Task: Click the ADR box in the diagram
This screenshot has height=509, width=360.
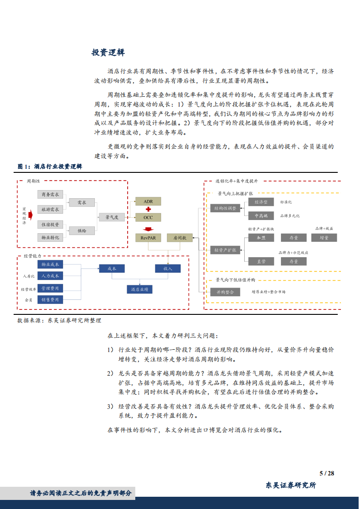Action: tap(148, 201)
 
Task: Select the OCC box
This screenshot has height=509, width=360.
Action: tap(148, 217)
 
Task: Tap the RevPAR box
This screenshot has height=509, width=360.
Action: tap(148, 237)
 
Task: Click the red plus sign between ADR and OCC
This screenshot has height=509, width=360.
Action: tap(148, 209)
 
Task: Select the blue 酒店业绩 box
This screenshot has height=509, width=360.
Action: tap(139, 289)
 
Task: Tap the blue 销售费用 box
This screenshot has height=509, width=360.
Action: tap(50, 299)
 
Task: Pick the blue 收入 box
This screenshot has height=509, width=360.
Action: tap(168, 269)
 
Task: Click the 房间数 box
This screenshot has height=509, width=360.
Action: tap(180, 237)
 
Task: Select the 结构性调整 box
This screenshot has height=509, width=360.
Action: tap(225, 208)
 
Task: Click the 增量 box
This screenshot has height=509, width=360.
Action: tap(324, 237)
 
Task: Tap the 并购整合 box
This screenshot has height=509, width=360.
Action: tap(225, 292)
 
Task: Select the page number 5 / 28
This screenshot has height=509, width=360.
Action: tap(326, 473)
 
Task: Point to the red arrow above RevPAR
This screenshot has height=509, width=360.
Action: tap(148, 229)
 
